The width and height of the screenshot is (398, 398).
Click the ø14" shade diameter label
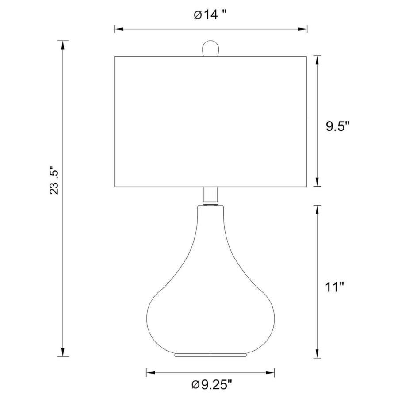pos(210,15)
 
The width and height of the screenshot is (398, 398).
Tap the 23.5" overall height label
pos(54,180)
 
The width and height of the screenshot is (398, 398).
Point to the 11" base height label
pos(335,287)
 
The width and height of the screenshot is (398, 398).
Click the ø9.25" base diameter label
pos(212,385)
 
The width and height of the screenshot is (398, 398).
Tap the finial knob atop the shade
pos(210,48)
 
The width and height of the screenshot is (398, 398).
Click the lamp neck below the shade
pos(210,195)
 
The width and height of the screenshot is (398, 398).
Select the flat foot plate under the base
pos(210,355)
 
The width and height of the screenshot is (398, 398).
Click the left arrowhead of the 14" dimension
pos(119,29)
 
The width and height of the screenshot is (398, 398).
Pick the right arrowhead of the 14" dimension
pos(302,29)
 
